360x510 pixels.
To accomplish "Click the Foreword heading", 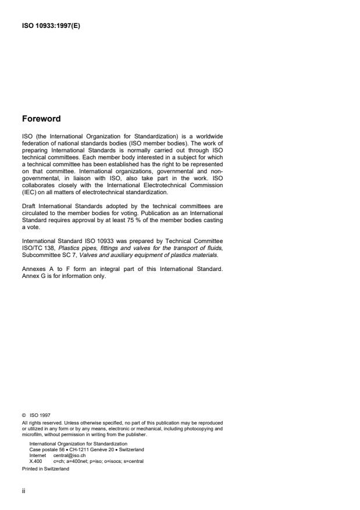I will pos(41,119).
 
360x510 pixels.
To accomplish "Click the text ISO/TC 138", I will pos(35,247).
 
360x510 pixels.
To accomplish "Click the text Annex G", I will pos(34,274).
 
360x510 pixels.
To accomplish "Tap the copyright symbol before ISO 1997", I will pos(24,415).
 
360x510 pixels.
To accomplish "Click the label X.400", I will pos(35,461).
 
